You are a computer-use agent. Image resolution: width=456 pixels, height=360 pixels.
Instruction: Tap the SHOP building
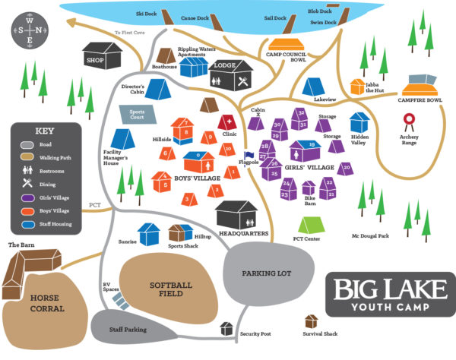coord(103,55)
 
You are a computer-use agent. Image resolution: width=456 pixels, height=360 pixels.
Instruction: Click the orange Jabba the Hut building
coord(357,87)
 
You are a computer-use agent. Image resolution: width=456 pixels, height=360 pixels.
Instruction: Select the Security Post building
coord(226,328)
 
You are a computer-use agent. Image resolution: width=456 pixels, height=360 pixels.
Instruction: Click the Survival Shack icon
coord(311,322)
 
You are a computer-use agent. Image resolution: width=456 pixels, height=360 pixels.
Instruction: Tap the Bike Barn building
coord(309,187)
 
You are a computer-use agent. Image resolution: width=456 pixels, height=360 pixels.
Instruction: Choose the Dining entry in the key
coord(28,182)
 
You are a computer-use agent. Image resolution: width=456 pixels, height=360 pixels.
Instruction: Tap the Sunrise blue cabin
coord(149,232)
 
